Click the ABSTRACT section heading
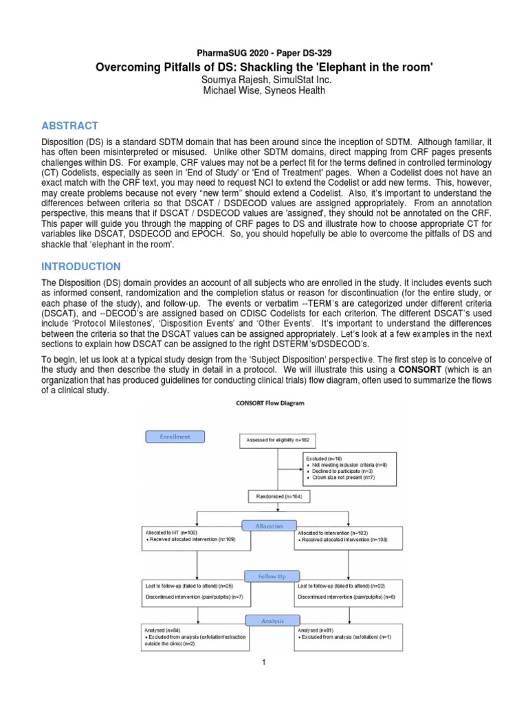70,126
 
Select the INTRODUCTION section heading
80,266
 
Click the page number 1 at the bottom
263,662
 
